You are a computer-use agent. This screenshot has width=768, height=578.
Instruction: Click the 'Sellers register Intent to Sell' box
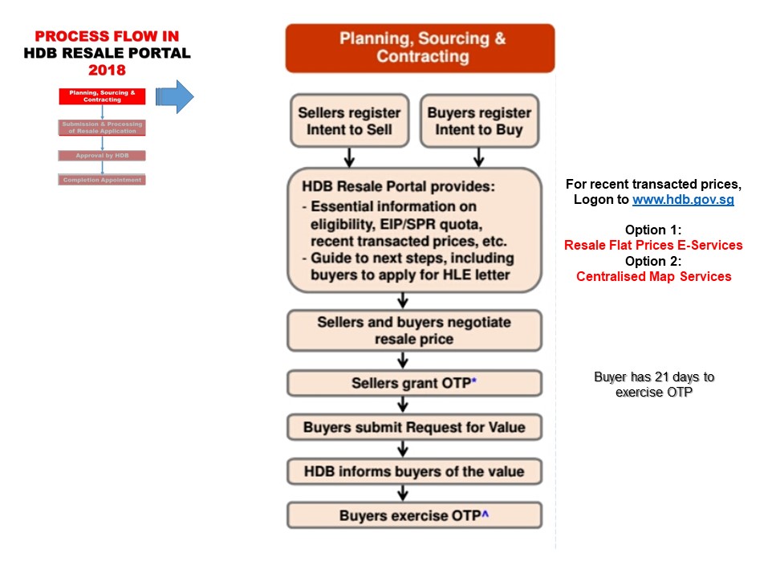(x=349, y=121)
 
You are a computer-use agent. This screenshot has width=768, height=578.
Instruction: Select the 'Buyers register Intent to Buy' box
(x=479, y=121)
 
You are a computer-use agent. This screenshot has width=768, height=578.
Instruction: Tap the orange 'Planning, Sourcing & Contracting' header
(x=420, y=48)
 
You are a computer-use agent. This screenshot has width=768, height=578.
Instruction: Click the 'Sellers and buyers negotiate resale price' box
(x=414, y=331)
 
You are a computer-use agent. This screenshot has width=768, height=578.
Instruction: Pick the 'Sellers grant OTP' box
(x=414, y=384)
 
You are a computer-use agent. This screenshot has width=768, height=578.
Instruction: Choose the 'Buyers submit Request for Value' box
(x=414, y=427)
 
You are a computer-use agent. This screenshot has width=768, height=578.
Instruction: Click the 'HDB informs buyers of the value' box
(x=414, y=471)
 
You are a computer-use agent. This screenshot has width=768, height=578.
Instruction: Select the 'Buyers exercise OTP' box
(x=414, y=515)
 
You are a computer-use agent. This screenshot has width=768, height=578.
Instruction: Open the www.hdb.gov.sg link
(x=683, y=200)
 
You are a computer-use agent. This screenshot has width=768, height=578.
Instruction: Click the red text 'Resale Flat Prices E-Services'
(x=653, y=246)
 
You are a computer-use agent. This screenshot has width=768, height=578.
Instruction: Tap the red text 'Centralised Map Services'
(x=653, y=276)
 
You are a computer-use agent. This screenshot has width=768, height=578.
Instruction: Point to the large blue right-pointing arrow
(x=174, y=97)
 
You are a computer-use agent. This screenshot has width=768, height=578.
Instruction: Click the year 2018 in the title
(x=107, y=70)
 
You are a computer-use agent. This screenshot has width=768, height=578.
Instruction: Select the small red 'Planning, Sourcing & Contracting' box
(x=102, y=96)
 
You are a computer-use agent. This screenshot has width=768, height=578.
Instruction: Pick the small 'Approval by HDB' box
(x=102, y=156)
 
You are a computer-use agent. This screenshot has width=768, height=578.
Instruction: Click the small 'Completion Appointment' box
(x=102, y=180)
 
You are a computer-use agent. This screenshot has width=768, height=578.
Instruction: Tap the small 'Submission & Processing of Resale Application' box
(x=102, y=128)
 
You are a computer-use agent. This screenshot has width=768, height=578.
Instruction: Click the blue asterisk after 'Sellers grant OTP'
(x=474, y=381)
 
